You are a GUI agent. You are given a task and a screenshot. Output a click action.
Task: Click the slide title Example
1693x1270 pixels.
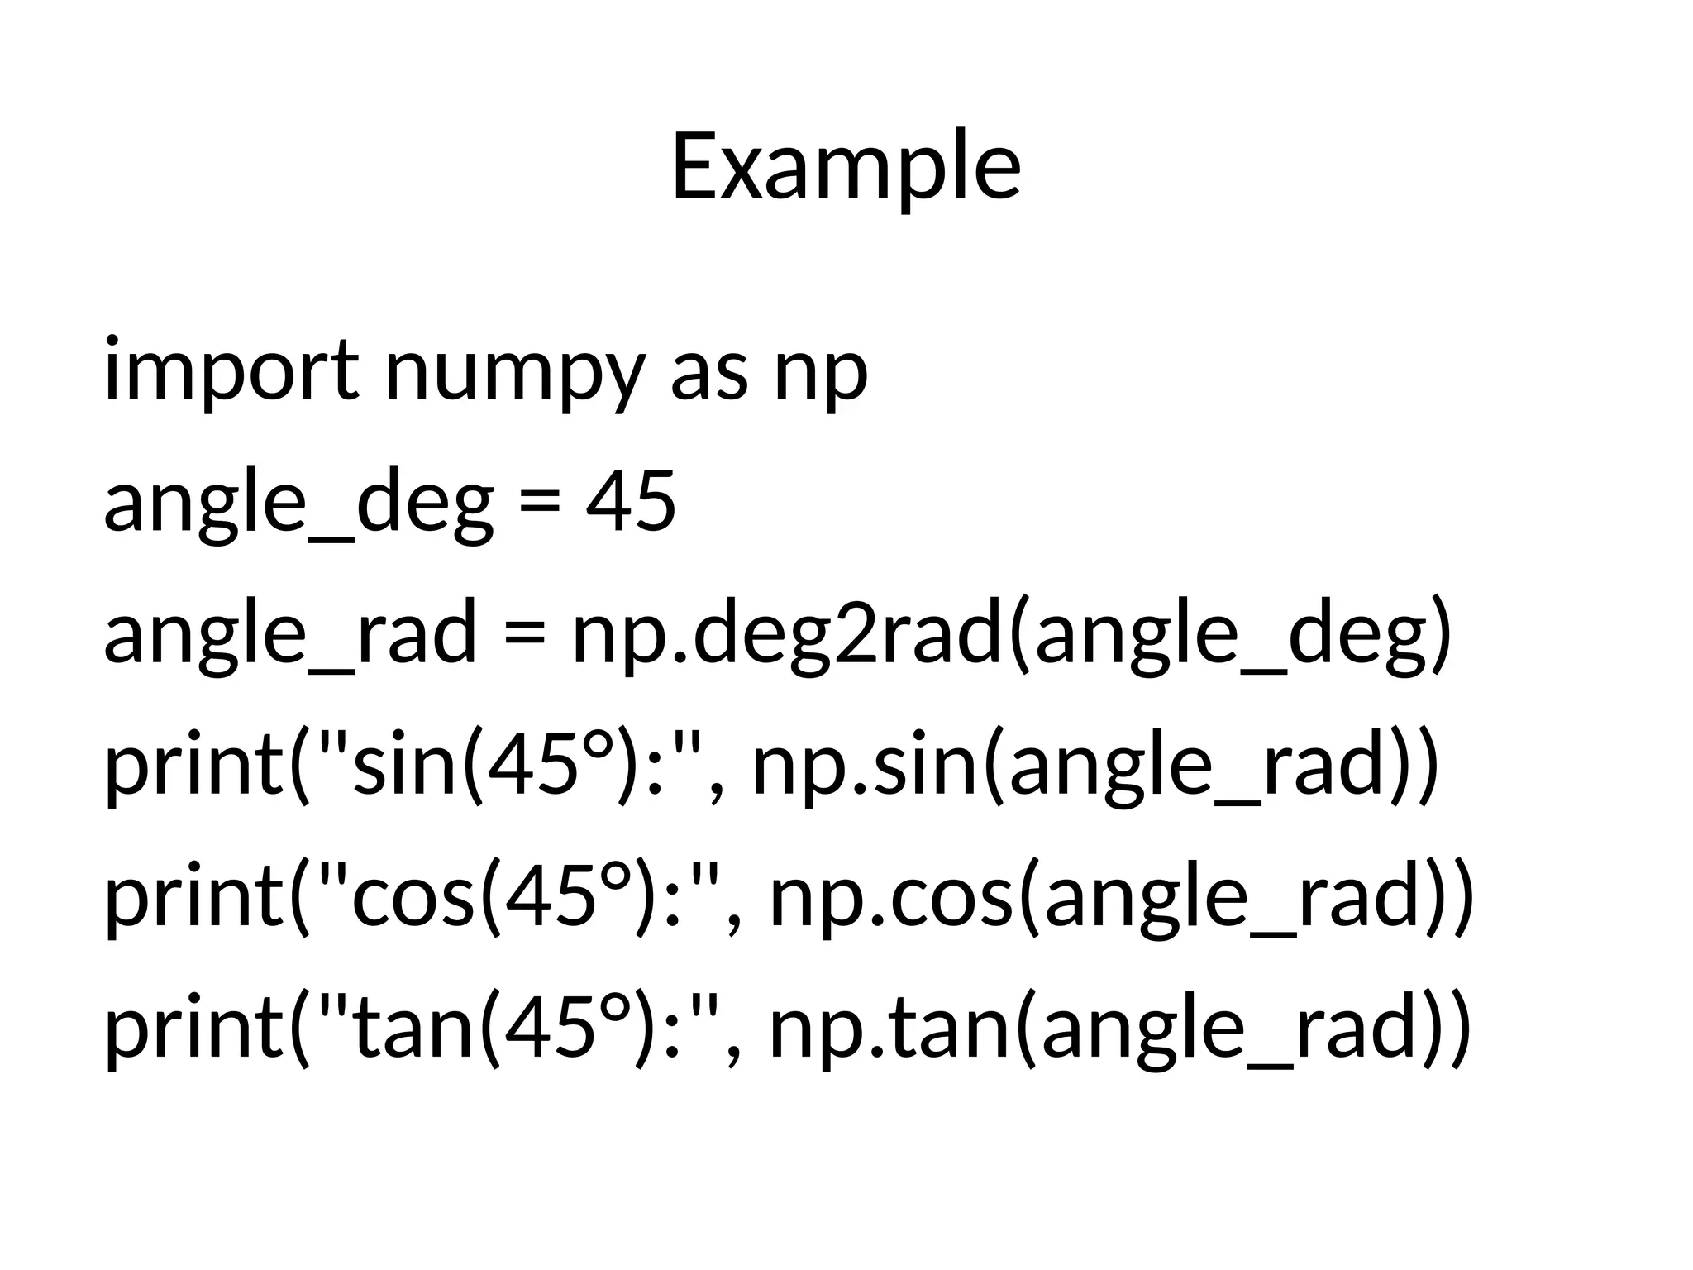(846, 168)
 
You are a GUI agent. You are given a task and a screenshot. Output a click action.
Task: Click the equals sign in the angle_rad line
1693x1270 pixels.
(524, 635)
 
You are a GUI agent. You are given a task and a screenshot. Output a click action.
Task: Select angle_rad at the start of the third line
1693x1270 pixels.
(290, 634)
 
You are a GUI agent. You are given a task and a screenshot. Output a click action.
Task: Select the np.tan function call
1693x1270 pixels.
(889, 1029)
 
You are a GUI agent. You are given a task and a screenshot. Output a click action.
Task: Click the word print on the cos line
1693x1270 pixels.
(195, 898)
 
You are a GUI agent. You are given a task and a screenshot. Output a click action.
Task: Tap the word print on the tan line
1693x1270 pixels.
(195, 1029)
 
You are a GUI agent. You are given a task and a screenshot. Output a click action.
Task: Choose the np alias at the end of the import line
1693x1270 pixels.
(820, 372)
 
